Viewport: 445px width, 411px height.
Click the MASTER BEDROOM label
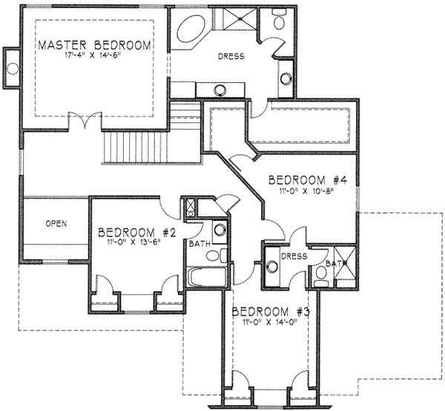[94, 45]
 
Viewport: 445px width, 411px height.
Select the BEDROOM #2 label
[137, 233]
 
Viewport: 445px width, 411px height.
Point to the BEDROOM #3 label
[271, 312]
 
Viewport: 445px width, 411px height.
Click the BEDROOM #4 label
[308, 180]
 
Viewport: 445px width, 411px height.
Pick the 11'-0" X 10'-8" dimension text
[306, 191]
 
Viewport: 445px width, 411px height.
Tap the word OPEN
[56, 224]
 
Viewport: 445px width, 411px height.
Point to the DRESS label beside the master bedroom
[231, 56]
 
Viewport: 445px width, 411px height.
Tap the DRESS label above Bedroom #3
[294, 256]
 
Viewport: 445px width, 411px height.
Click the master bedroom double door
[85, 121]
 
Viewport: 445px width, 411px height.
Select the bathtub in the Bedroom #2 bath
[207, 276]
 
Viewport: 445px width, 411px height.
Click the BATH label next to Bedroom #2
[200, 244]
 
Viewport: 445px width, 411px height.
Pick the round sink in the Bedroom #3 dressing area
[272, 267]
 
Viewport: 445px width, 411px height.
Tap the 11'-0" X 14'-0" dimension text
[270, 322]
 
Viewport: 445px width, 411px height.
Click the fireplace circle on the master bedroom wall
[13, 69]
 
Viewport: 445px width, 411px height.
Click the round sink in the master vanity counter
[220, 90]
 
